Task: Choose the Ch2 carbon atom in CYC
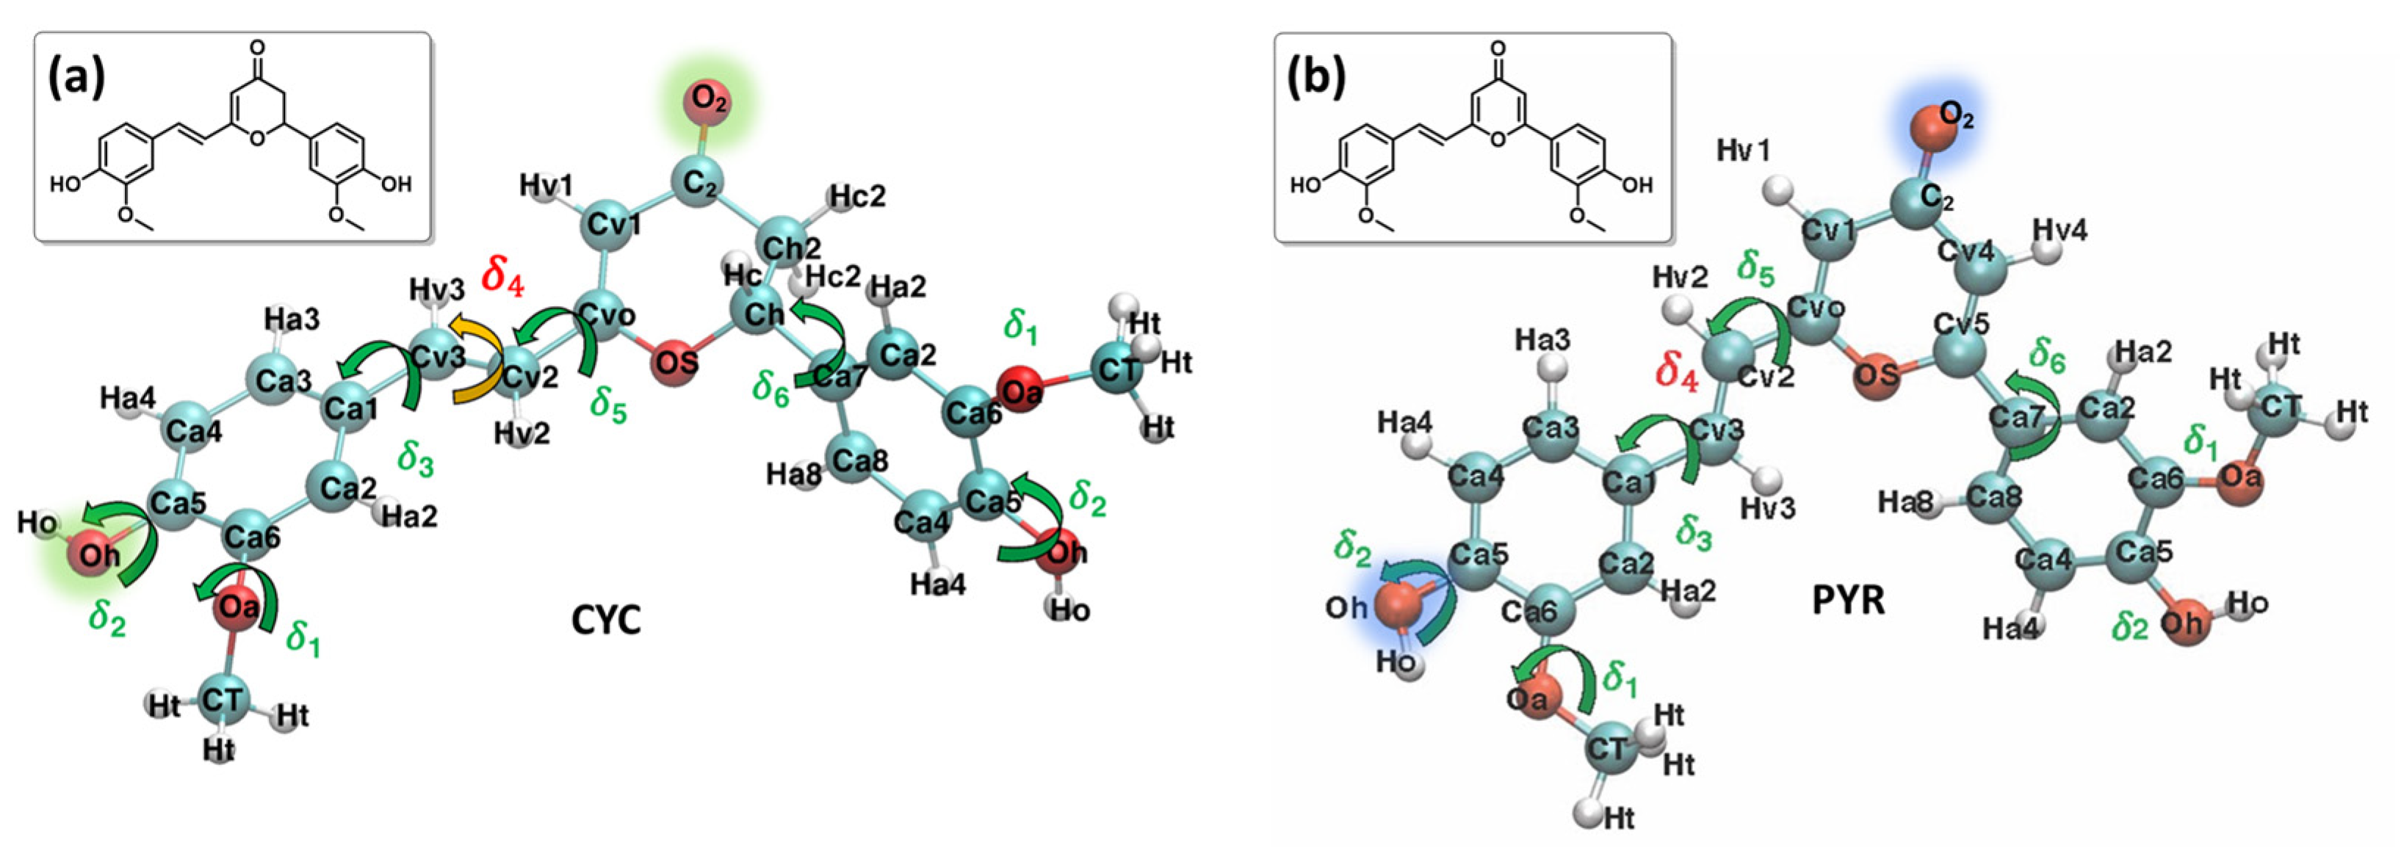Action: (789, 245)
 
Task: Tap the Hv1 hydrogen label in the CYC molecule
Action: (546, 186)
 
